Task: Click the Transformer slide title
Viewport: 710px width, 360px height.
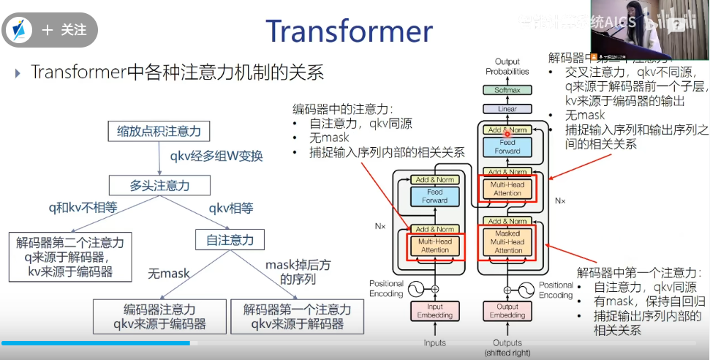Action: [x=349, y=31]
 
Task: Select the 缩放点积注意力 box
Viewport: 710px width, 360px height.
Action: [x=159, y=131]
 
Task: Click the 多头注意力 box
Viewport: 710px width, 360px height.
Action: [x=159, y=185]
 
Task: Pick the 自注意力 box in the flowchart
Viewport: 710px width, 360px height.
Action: [x=230, y=239]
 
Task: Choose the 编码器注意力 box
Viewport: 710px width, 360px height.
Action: [x=159, y=316]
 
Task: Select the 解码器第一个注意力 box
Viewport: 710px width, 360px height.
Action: [x=297, y=316]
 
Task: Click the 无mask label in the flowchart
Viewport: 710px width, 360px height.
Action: [x=169, y=274]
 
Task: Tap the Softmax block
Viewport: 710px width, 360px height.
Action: [x=507, y=90]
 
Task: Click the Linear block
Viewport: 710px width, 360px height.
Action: [x=507, y=109]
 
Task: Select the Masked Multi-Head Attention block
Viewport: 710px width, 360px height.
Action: [x=507, y=241]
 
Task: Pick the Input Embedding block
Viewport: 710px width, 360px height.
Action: [x=434, y=310]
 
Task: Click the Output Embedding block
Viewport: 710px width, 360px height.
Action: [x=507, y=310]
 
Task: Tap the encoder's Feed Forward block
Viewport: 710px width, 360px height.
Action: [x=434, y=195]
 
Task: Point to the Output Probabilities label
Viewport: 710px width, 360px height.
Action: [x=507, y=67]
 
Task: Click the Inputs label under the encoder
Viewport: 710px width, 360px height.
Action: [x=434, y=342]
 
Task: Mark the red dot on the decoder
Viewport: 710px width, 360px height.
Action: [x=507, y=135]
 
